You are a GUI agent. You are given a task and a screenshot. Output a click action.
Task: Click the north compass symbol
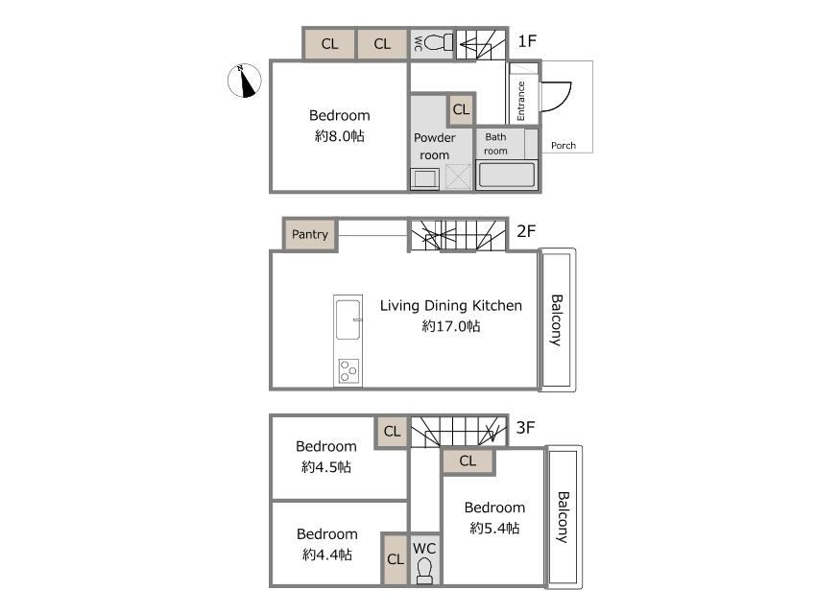[x=245, y=81]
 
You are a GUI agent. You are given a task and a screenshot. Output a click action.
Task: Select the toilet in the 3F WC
[x=424, y=570]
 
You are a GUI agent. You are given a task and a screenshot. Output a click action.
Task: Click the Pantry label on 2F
[x=310, y=234]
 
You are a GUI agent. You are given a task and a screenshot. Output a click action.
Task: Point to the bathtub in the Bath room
[x=506, y=175]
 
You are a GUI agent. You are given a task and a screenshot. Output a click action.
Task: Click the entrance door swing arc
[x=562, y=99]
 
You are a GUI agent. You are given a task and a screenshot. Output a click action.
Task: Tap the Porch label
[x=564, y=146]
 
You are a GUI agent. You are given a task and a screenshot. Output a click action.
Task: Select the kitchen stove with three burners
[x=348, y=371]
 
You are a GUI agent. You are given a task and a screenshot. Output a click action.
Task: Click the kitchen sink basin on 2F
[x=348, y=319]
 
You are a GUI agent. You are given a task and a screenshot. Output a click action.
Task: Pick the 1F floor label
[x=527, y=40]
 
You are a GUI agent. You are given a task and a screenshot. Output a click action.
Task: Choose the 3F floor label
[x=526, y=427]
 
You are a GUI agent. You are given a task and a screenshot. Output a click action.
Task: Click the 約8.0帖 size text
[x=339, y=136]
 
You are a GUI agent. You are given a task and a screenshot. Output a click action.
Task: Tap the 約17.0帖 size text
[x=450, y=326]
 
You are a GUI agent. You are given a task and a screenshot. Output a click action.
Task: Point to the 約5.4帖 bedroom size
[x=494, y=529]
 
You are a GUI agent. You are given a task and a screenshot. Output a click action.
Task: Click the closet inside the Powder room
[x=461, y=109]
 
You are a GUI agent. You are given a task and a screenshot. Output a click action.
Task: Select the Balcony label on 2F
[x=556, y=320]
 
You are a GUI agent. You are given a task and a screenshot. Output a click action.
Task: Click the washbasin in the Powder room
[x=424, y=178]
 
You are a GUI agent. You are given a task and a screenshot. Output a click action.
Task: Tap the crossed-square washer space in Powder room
[x=458, y=177]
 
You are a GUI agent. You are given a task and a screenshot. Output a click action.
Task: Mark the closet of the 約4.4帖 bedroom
[x=395, y=559]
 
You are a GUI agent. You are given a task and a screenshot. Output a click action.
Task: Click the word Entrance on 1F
[x=521, y=101]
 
